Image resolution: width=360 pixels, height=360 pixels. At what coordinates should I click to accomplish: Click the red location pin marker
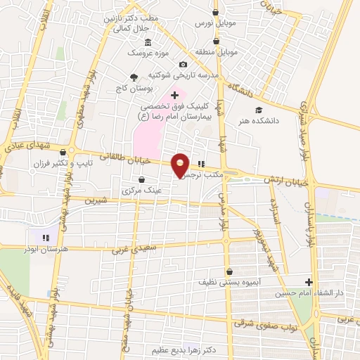[x=181, y=165]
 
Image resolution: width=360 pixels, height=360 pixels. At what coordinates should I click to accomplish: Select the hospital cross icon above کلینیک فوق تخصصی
[x=175, y=94]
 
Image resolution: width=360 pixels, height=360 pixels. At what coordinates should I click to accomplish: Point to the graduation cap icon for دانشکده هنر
[x=259, y=110]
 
